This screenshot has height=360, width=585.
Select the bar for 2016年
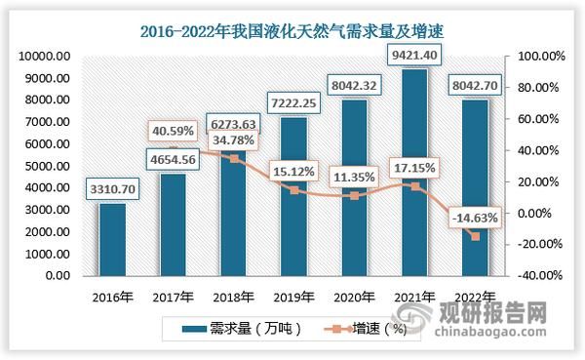tap(113, 239)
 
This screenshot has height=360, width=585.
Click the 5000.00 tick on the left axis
tap(41, 167)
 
